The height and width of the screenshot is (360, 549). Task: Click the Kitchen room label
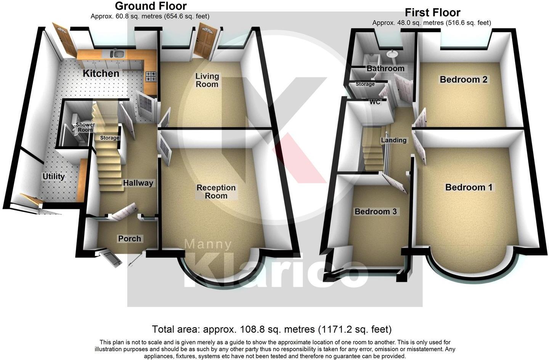[101, 73]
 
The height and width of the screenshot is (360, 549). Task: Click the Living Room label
[207, 80]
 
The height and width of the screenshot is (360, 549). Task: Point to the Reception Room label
[216, 191]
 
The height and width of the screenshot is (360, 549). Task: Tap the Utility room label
[53, 177]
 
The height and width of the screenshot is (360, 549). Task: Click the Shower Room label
[85, 127]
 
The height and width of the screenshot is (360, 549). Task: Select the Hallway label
[138, 183]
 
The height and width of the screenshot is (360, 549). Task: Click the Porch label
[130, 239]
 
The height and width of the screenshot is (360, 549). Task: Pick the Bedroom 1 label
[469, 187]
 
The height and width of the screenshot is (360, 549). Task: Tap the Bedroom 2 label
[463, 80]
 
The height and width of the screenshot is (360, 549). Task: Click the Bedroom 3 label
[376, 212]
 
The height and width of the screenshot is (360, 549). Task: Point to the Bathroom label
[385, 69]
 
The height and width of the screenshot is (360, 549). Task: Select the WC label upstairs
[375, 102]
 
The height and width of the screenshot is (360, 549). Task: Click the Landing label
[394, 140]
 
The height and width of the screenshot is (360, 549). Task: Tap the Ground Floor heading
[151, 6]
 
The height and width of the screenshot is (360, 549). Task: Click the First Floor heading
[432, 13]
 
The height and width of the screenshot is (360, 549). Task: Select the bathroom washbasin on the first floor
[392, 54]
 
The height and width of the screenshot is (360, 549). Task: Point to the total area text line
[271, 329]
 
